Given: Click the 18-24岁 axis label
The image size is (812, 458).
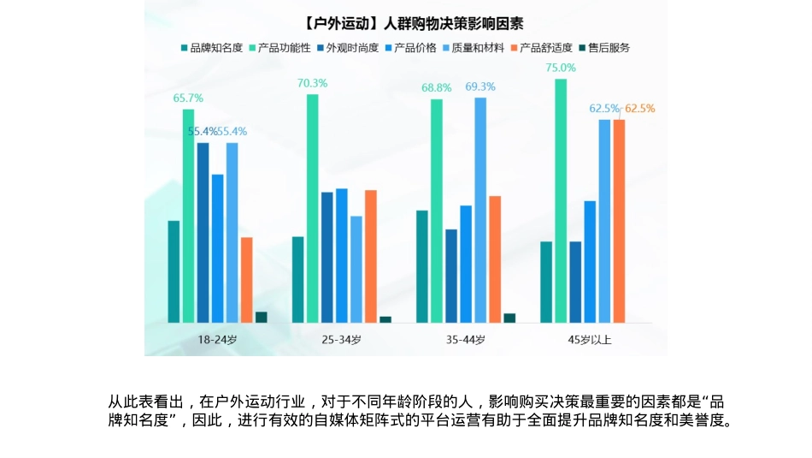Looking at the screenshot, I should tap(217, 340).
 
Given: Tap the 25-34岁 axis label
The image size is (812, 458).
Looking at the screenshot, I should tap(341, 340).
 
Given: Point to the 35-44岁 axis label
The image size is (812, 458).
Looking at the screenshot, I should tap(466, 340).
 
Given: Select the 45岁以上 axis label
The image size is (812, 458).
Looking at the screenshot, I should tap(590, 340).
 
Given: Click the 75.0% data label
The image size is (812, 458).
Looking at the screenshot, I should tap(561, 68).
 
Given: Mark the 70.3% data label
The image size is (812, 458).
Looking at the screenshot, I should tap(312, 83).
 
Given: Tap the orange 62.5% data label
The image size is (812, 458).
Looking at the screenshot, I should tap(639, 109).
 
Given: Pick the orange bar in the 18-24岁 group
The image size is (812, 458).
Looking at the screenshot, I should tap(246, 280).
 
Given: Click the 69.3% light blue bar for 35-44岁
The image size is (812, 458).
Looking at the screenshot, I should tap(480, 210).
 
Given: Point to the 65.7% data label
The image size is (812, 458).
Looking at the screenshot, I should tap(188, 98).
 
